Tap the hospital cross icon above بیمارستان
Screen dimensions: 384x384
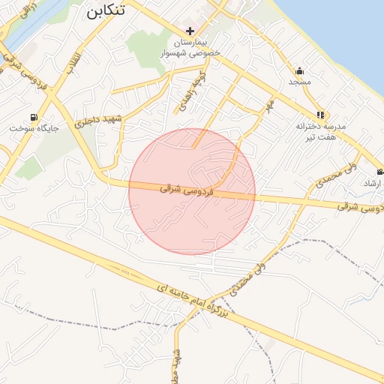(x=190, y=31)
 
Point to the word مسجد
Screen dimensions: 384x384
(x=300, y=81)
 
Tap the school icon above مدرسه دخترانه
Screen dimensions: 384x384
(x=321, y=115)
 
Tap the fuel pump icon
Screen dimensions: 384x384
(x=34, y=117)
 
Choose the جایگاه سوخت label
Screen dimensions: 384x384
(x=34, y=128)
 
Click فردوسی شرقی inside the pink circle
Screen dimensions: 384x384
(x=188, y=191)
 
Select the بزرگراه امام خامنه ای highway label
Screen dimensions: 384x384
(x=193, y=295)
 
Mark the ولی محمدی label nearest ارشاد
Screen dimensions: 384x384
(x=329, y=172)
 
